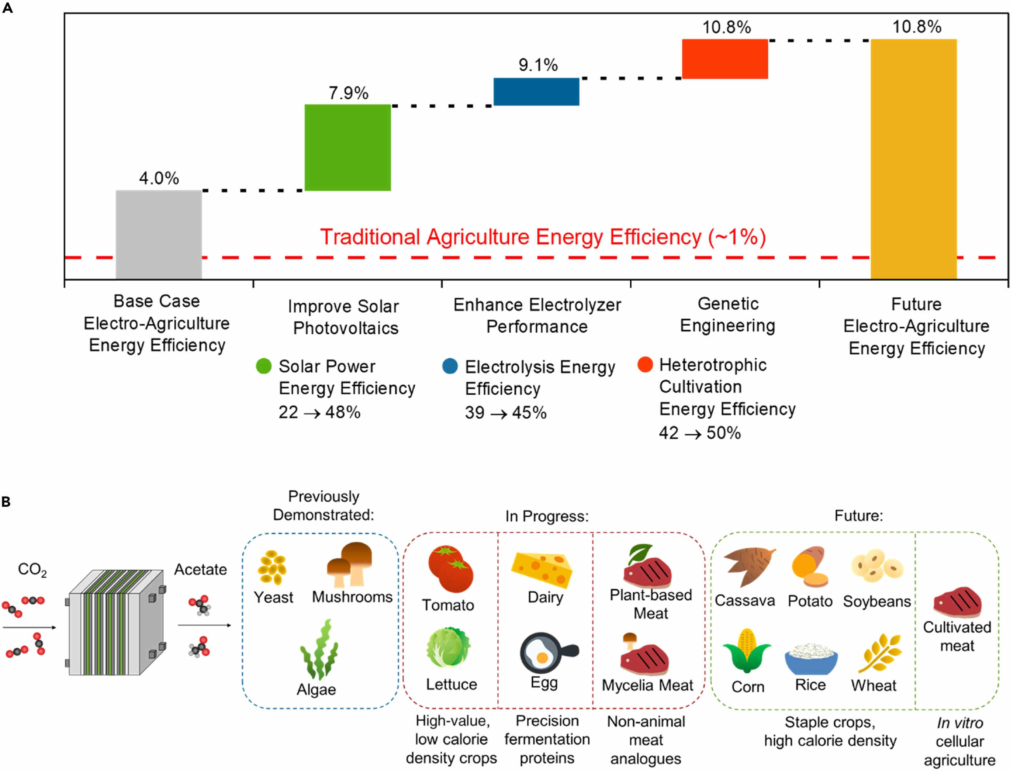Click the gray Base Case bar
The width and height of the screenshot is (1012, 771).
tap(159, 234)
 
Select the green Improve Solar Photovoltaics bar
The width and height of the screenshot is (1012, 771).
tap(348, 147)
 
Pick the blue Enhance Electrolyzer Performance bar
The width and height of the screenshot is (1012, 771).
tap(536, 92)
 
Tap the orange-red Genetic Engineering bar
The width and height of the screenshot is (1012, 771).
tap(725, 59)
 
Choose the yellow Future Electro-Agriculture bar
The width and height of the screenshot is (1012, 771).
tap(914, 159)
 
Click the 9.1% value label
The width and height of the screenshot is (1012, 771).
tap(538, 65)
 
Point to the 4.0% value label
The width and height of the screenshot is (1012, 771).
tap(159, 178)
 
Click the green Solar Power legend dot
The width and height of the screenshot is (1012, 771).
tap(264, 366)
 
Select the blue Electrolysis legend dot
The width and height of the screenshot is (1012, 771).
tap(450, 366)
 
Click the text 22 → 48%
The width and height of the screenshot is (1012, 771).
tap(319, 412)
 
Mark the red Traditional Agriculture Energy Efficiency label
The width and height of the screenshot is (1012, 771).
tap(543, 237)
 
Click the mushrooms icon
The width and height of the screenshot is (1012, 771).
tap(349, 565)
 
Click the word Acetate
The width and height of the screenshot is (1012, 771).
tap(200, 569)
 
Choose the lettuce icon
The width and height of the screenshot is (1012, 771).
tap(448, 647)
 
